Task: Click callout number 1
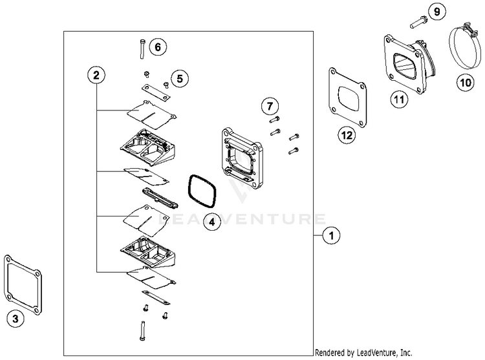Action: tap(331, 237)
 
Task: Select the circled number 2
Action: tap(96, 76)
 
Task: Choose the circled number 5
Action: tap(180, 79)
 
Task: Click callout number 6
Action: tap(158, 47)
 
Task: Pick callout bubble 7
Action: tap(270, 105)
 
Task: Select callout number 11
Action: tap(398, 99)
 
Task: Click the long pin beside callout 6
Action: tap(141, 48)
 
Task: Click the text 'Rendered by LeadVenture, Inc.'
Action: tap(363, 353)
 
